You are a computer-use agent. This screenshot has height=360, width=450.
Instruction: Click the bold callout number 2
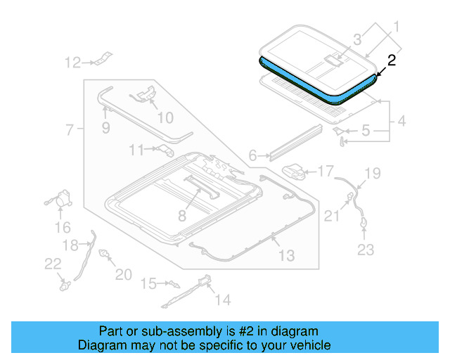pos(392,60)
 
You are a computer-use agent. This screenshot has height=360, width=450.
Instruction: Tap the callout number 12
pos(72,63)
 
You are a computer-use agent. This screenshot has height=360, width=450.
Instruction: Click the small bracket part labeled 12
pos(103,59)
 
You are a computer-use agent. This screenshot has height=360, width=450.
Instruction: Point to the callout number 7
pos(70,129)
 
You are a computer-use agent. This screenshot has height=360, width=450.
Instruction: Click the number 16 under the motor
pos(63,227)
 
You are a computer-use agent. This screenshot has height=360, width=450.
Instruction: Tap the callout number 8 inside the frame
pos(182,216)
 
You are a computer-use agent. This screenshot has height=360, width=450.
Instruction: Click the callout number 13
pos(286,255)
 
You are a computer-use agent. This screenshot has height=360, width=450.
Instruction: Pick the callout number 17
pos(326,171)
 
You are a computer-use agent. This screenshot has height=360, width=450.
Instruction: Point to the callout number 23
pos(366,249)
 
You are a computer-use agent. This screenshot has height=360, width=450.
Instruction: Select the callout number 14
pos(222,300)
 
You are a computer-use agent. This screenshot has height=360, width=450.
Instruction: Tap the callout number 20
pos(123,274)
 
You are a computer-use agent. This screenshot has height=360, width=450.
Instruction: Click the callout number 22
pos(53,263)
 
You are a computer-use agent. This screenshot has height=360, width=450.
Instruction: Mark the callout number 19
pos(372,173)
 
